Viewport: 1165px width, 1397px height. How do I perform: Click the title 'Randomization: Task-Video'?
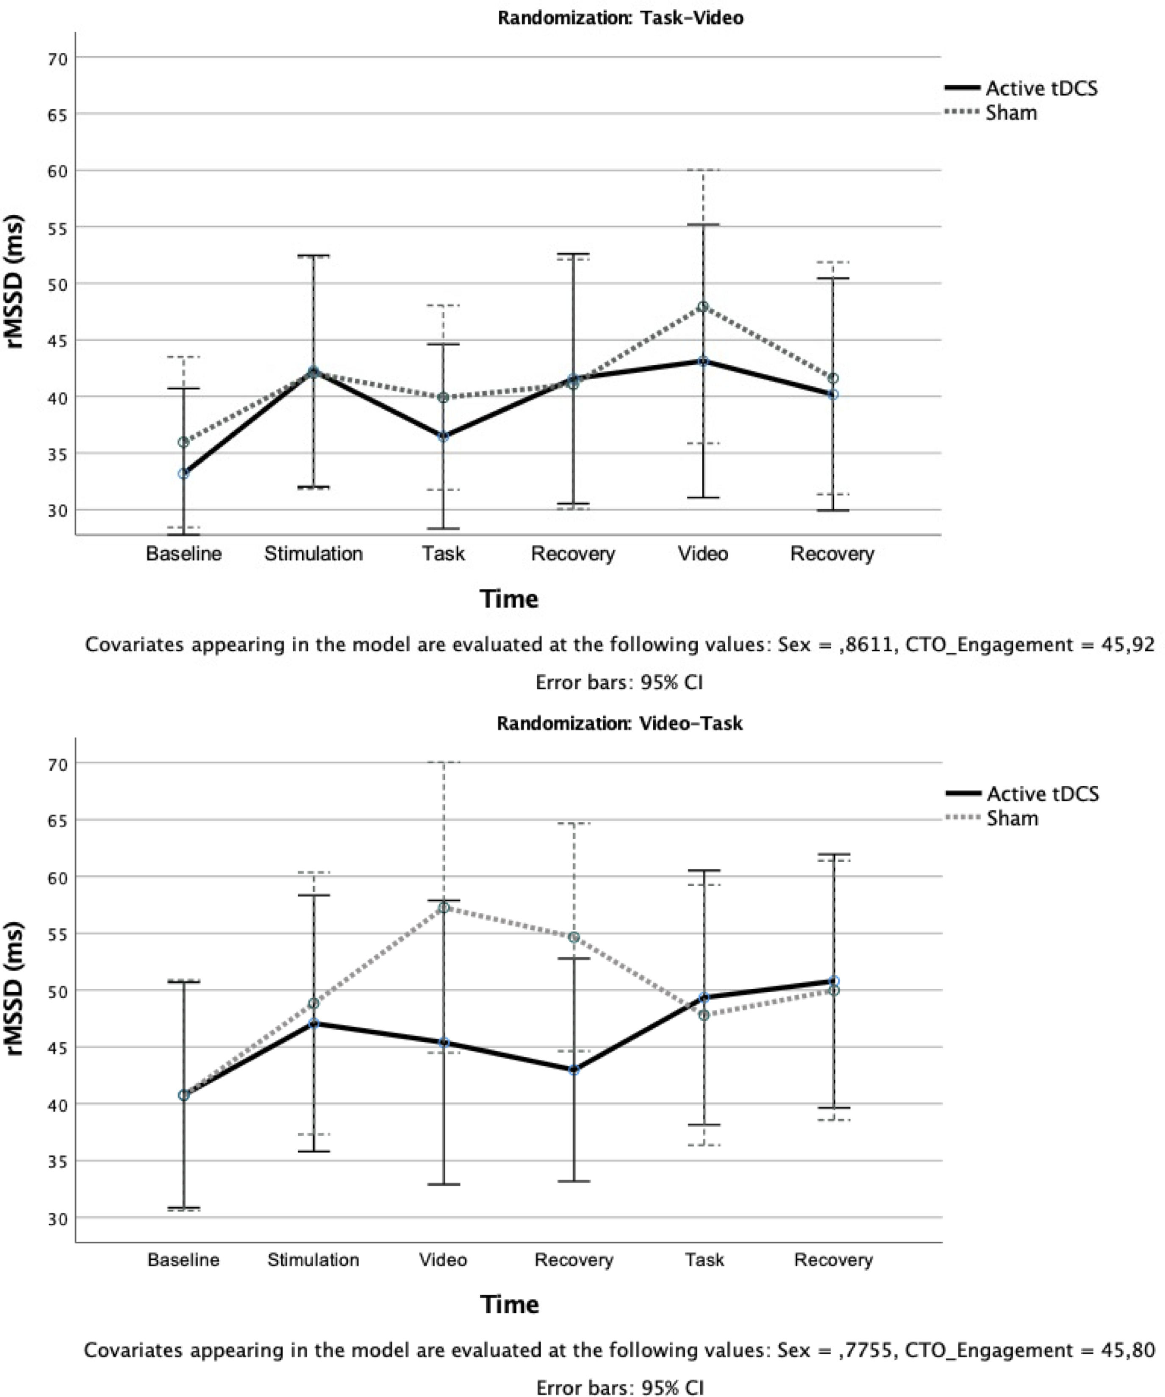click(x=620, y=18)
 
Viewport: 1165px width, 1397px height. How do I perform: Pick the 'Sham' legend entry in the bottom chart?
click(x=1012, y=818)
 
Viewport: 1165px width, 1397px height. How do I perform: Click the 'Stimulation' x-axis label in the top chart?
click(x=313, y=553)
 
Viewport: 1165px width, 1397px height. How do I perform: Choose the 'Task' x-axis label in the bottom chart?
click(x=705, y=1259)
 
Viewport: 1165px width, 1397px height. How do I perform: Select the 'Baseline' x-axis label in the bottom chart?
click(x=183, y=1259)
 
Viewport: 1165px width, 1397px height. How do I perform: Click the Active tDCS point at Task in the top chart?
click(x=443, y=437)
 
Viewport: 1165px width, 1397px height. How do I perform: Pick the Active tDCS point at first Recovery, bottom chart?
click(x=574, y=1070)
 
